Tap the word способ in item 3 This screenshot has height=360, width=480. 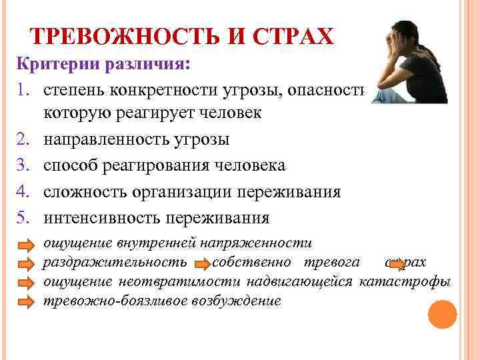[71, 166]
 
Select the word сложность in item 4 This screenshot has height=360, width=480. [85, 192]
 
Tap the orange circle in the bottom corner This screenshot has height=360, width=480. [442, 315]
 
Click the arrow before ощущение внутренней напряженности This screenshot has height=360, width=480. [25, 245]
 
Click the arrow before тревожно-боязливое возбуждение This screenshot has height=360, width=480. [25, 302]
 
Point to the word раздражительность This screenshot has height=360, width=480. [115, 262]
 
